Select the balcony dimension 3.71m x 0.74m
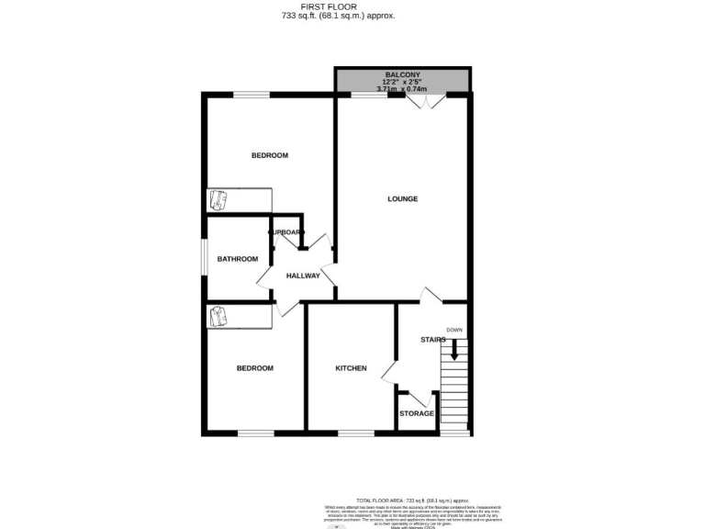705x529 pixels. pyautogui.click(x=402, y=88)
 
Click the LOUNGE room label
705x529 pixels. pyautogui.click(x=402, y=198)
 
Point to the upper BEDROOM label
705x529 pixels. pyautogui.click(x=270, y=155)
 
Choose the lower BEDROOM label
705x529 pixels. pyautogui.click(x=255, y=368)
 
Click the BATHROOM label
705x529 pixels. pyautogui.click(x=238, y=259)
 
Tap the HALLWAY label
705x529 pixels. pyautogui.click(x=303, y=276)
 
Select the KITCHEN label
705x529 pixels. pyautogui.click(x=351, y=368)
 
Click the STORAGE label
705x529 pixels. pyautogui.click(x=417, y=413)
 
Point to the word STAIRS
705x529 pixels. pyautogui.click(x=432, y=340)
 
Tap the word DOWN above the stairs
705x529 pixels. pyautogui.click(x=454, y=330)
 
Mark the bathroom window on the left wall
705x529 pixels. pyautogui.click(x=205, y=258)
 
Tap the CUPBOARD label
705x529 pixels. pyautogui.click(x=285, y=232)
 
